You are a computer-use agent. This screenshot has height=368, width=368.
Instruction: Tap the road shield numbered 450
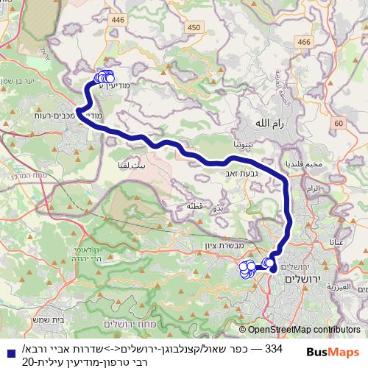(194, 28)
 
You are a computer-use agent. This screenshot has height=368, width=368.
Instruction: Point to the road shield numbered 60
(337, 124)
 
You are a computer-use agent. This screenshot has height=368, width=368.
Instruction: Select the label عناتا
(341, 241)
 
